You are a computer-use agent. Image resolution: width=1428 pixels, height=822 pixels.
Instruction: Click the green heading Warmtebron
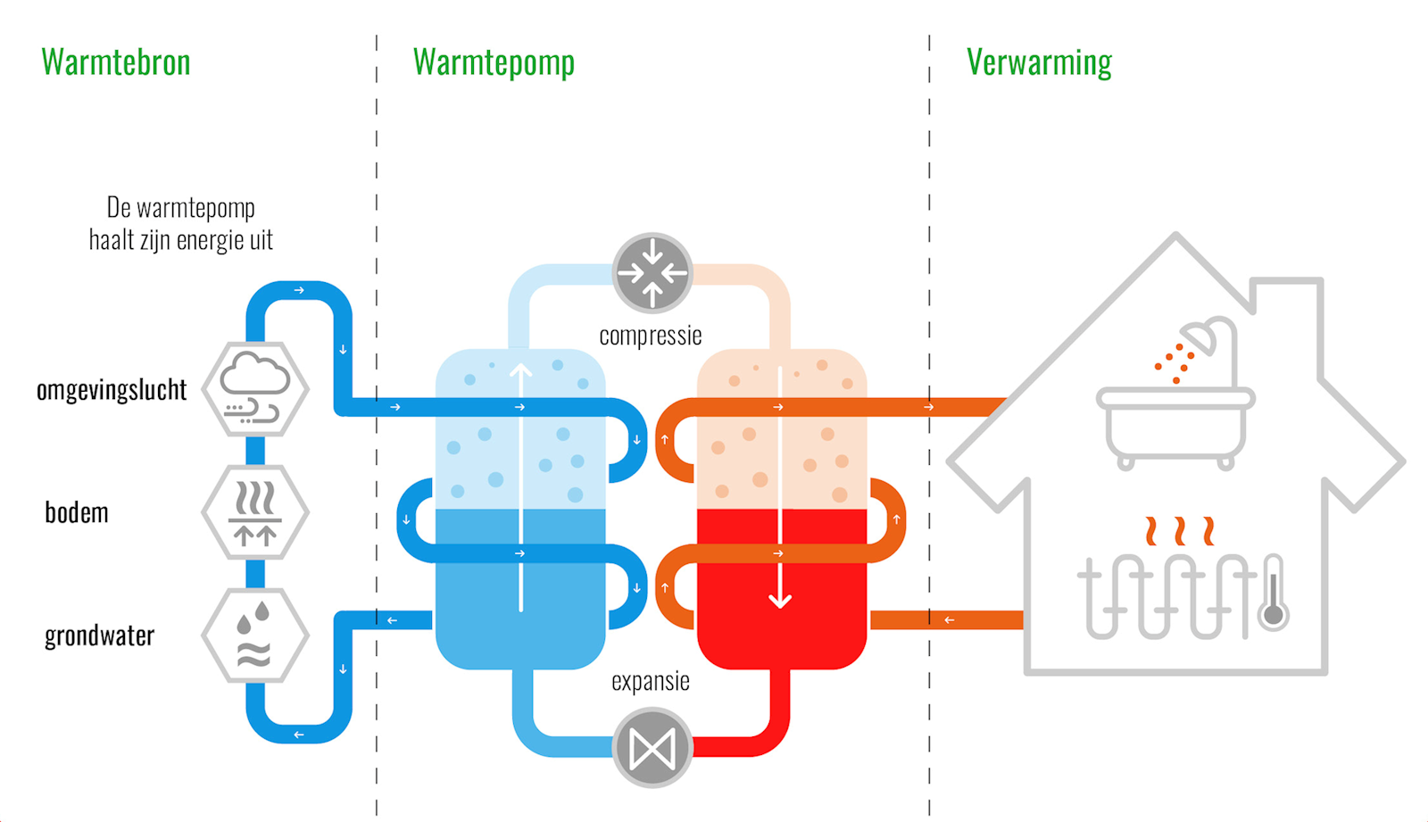coord(116,62)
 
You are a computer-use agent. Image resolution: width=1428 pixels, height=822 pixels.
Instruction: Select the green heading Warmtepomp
coord(494,62)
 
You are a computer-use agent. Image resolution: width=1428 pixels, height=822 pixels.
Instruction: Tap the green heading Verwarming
coord(1039,62)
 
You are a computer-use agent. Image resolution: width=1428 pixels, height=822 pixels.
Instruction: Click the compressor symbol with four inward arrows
coord(652,272)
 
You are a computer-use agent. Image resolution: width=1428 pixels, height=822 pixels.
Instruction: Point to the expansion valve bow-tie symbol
coord(652,748)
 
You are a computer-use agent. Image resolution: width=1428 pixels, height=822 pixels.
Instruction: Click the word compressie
coord(650,336)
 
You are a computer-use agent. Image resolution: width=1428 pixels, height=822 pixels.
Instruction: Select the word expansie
coord(650,682)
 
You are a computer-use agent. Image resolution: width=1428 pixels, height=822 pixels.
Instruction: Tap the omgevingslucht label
coord(112,390)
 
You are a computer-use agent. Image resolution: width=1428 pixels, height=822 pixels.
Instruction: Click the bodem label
coord(77,513)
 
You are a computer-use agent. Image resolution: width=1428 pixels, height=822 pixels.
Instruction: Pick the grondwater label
coord(99,636)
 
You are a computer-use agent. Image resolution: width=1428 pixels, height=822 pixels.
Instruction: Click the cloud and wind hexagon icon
coord(255,389)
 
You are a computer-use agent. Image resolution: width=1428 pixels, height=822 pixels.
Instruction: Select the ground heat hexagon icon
coord(255,512)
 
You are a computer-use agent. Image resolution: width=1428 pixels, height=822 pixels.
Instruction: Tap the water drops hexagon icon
coord(255,635)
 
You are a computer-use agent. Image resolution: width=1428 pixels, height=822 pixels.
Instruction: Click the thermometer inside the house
coord(1274,593)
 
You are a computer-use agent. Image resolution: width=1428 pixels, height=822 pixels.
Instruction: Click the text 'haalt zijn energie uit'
coord(180,240)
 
